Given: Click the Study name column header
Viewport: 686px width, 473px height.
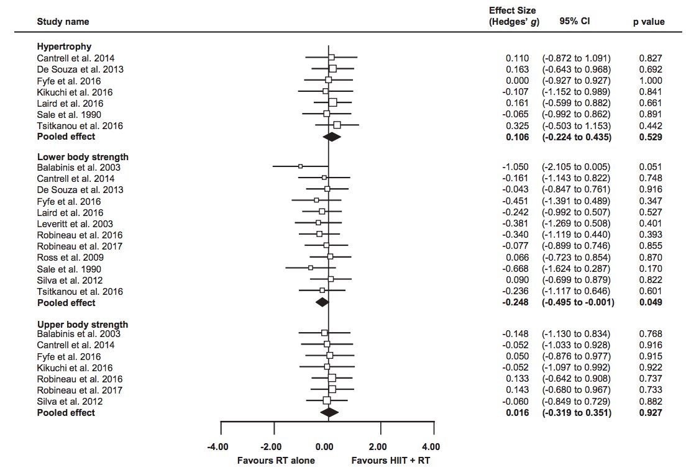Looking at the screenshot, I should click(63, 22).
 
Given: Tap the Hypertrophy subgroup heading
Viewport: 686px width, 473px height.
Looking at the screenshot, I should click(64, 47).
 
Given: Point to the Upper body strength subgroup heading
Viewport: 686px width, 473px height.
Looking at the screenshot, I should click(83, 324).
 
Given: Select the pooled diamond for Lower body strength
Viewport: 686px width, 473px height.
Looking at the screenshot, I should click(322, 302).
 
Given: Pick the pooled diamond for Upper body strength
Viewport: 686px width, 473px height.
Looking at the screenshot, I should click(329, 412).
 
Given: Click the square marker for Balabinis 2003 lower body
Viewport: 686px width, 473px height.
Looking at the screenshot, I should click(300, 166).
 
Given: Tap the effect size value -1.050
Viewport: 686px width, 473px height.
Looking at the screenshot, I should click(515, 167).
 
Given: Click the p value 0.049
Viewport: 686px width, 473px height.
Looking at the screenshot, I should click(650, 302).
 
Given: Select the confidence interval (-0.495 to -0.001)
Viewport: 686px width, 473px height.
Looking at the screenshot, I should click(578, 302).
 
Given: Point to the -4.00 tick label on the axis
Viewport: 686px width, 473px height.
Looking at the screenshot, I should click(218, 446).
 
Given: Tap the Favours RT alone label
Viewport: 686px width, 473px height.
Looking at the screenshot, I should click(276, 461).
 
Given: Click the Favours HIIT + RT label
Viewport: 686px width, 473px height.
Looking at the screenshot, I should click(390, 461).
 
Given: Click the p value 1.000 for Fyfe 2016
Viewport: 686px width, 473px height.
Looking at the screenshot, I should click(650, 81).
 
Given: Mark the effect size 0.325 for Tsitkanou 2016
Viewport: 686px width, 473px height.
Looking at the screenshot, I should click(518, 126).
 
